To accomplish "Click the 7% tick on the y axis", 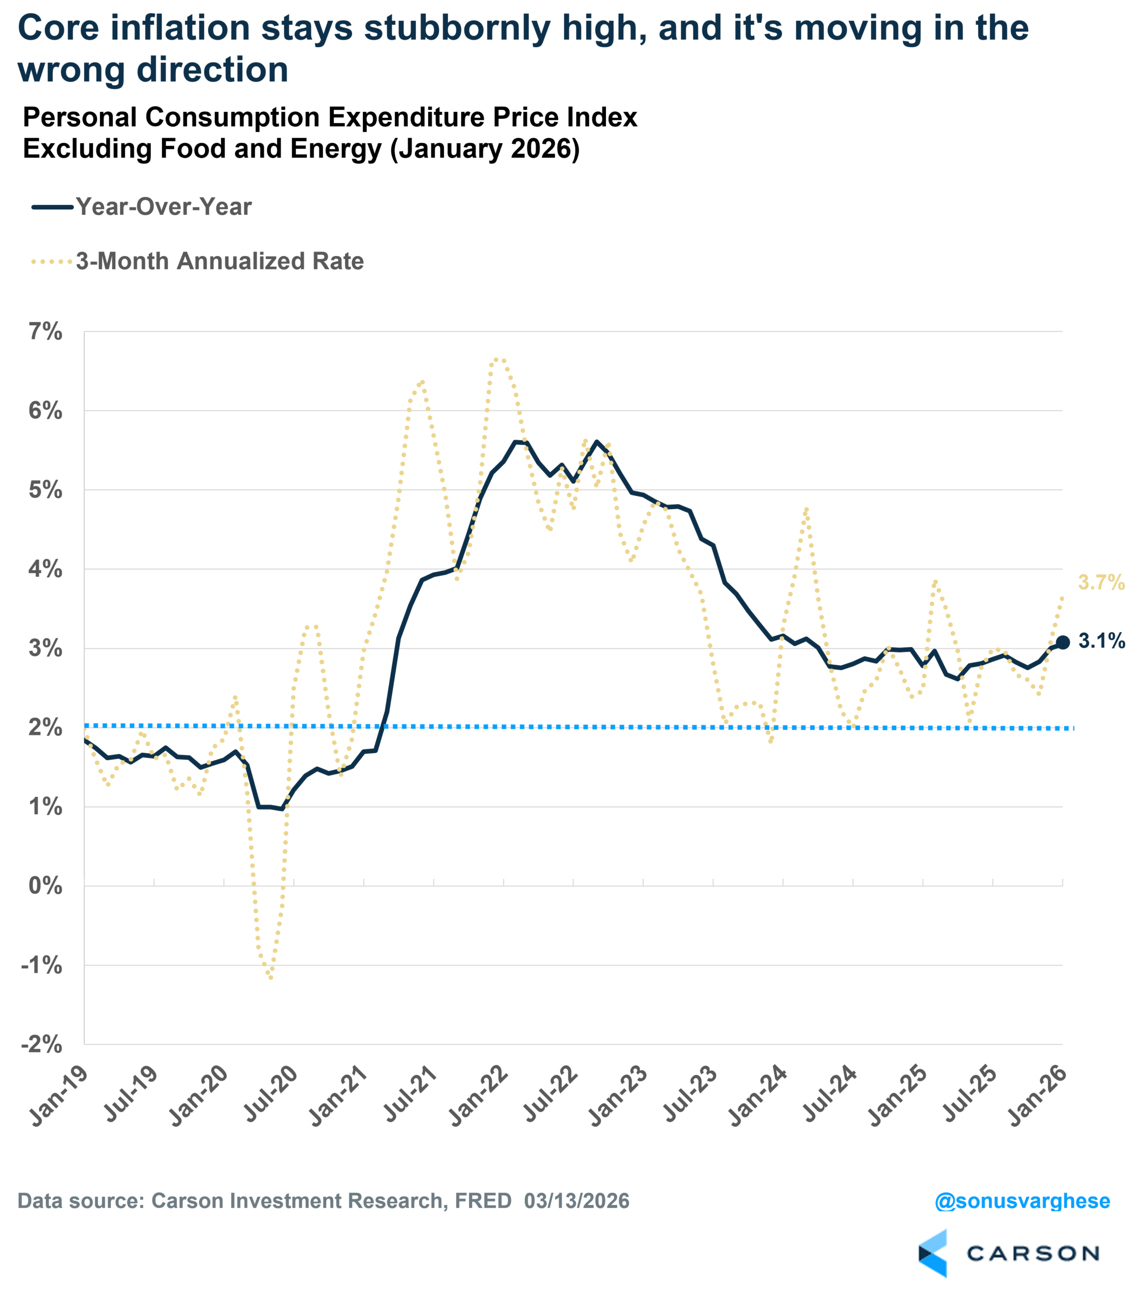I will click(45, 332).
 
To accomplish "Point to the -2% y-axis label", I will click(42, 1044).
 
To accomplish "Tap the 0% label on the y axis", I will click(45, 885).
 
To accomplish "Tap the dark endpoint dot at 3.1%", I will click(1062, 642).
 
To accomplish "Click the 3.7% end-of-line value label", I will click(1100, 582).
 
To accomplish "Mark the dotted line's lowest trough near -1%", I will click(271, 977).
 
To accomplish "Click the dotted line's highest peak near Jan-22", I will click(499, 360).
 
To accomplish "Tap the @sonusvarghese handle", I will click(1022, 1201).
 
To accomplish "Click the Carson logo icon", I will click(933, 1253).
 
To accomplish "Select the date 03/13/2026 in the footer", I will click(577, 1201).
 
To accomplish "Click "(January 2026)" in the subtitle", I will click(485, 149).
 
